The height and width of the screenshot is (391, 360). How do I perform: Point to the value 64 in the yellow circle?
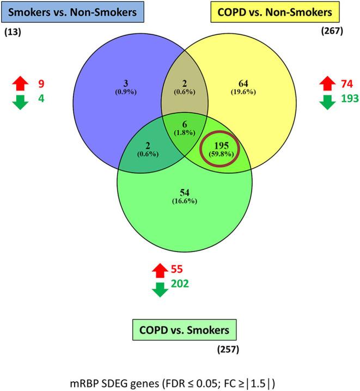243,83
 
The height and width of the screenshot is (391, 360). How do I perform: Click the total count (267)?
331,31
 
